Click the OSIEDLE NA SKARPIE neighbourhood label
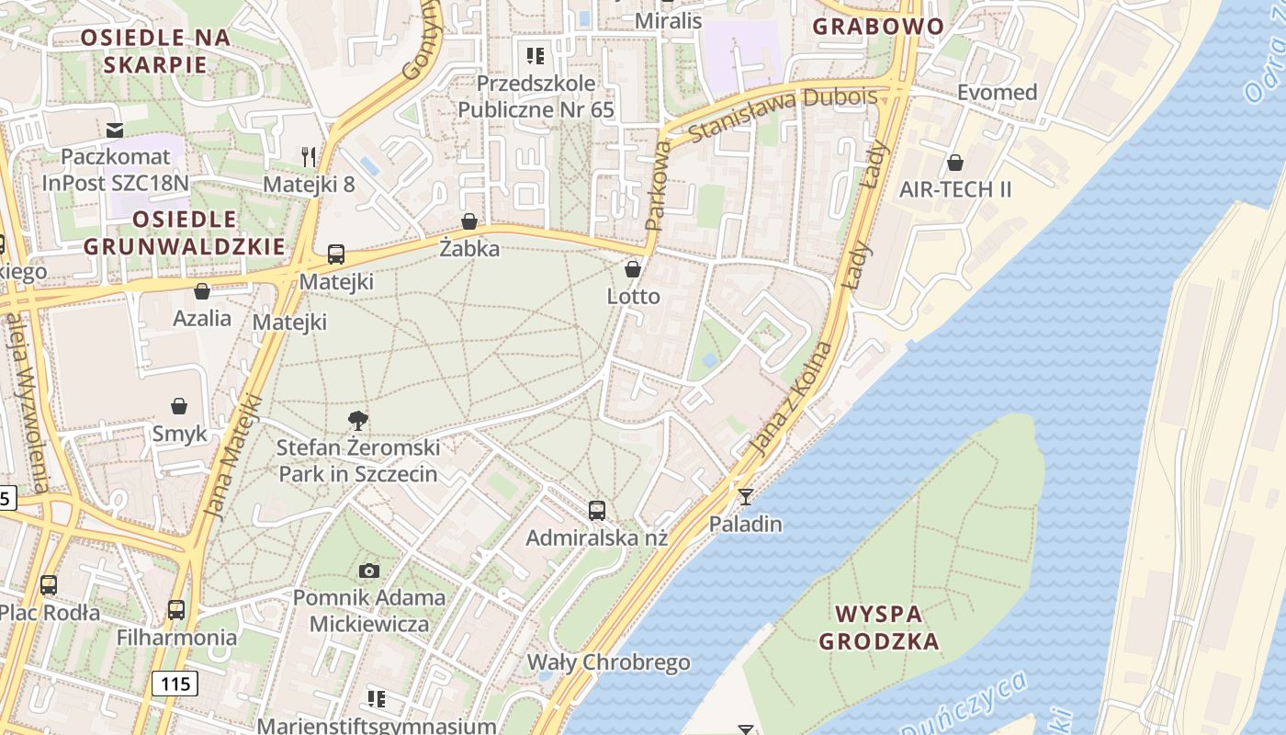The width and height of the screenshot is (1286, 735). click(155, 51)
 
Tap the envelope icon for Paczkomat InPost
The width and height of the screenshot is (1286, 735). click(115, 130)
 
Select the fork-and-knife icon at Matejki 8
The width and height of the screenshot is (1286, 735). click(309, 157)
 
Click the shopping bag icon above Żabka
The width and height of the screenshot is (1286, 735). click(469, 221)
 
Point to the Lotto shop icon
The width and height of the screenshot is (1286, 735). click(633, 269)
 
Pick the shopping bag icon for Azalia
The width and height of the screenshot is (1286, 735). click(202, 291)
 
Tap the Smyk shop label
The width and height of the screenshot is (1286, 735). click(179, 434)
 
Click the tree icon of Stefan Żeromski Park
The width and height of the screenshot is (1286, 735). click(358, 421)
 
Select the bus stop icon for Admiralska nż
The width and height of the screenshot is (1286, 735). click(597, 510)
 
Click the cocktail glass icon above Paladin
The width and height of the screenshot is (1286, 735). click(745, 497)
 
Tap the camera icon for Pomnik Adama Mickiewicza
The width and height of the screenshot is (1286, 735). click(369, 571)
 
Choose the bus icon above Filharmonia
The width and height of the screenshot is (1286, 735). click(176, 609)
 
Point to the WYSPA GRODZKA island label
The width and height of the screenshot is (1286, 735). click(879, 628)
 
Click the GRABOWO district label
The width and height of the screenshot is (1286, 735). click(878, 26)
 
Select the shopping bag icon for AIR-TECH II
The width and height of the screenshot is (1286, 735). click(955, 163)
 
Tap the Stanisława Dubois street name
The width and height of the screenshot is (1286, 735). click(770, 116)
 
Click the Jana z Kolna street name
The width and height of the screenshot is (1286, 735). click(791, 399)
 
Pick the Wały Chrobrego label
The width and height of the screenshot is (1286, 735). click(608, 662)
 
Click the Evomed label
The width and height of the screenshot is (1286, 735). click(997, 92)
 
